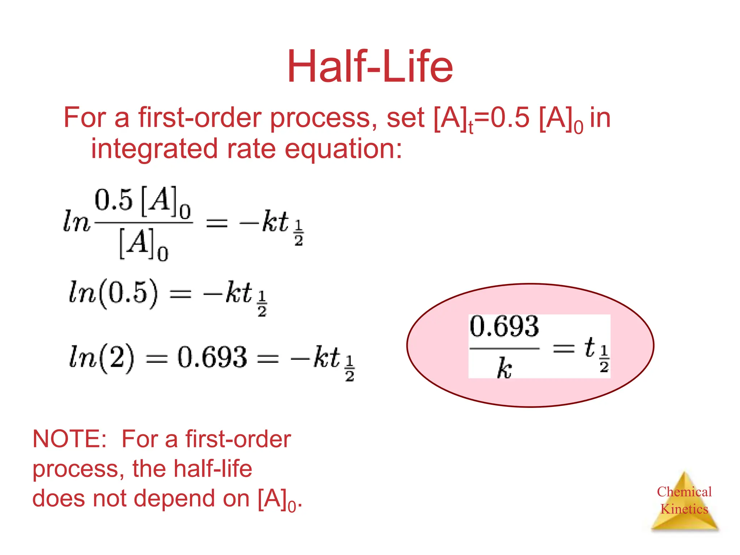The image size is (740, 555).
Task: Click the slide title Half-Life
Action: pyautogui.click(x=370, y=67)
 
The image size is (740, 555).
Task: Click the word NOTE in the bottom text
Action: pyautogui.click(x=69, y=439)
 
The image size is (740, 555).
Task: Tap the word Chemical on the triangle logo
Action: pyautogui.click(x=684, y=492)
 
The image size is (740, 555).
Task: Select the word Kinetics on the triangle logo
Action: pyautogui.click(x=684, y=509)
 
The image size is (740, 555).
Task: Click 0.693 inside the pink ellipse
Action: pyautogui.click(x=504, y=326)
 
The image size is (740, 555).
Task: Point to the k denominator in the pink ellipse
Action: pyautogui.click(x=504, y=369)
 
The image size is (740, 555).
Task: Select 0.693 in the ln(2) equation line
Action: pyautogui.click(x=212, y=358)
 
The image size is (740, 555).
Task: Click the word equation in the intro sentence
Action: pyautogui.click(x=343, y=149)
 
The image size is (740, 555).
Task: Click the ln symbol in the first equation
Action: pyautogui.click(x=76, y=221)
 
